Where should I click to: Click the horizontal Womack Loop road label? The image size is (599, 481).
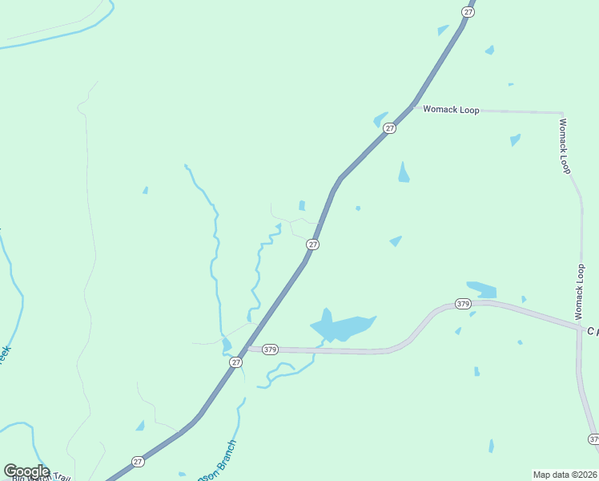click(451, 110)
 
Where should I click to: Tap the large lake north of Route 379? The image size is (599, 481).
click(340, 327)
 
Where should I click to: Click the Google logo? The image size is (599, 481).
click(27, 471)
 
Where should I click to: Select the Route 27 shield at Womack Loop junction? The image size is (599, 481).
click(389, 128)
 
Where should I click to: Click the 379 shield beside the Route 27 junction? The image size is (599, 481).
click(270, 349)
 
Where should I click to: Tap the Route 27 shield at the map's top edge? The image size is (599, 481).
click(468, 10)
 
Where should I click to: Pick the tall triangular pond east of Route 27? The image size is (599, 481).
click(404, 173)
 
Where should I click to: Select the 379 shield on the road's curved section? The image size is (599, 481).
click(463, 304)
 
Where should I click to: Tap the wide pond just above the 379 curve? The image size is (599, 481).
click(481, 289)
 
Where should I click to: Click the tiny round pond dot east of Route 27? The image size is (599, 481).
click(358, 208)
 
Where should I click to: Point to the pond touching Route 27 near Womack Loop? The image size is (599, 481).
click(380, 120)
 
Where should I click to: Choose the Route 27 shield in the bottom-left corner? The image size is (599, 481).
click(138, 462)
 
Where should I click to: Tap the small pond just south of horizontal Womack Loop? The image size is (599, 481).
click(515, 139)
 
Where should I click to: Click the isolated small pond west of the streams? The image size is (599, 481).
click(145, 191)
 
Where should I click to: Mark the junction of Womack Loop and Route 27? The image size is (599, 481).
click(413, 105)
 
